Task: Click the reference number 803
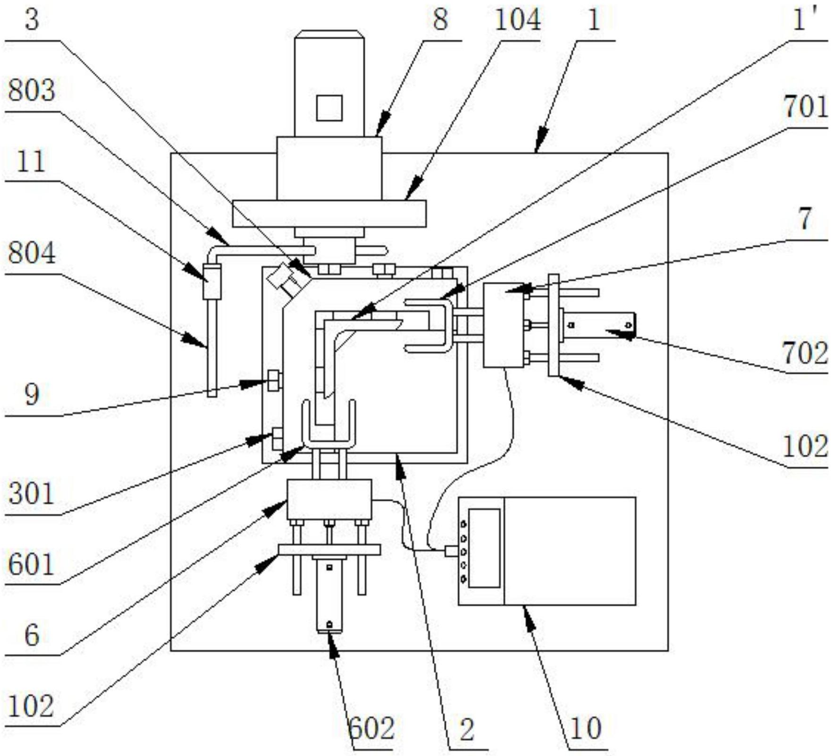(32, 91)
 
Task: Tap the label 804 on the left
(32, 253)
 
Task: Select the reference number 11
(31, 162)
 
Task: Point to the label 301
(32, 494)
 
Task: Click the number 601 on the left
(32, 565)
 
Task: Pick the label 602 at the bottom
(371, 728)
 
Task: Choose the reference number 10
(586, 728)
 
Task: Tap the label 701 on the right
(806, 107)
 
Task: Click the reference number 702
(805, 353)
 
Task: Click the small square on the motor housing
(329, 108)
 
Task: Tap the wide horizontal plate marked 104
(329, 213)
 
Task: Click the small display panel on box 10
(484, 548)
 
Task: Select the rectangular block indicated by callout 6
(329, 499)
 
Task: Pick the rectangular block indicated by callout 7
(503, 325)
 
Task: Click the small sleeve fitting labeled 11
(212, 281)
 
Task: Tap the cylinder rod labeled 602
(329, 595)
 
